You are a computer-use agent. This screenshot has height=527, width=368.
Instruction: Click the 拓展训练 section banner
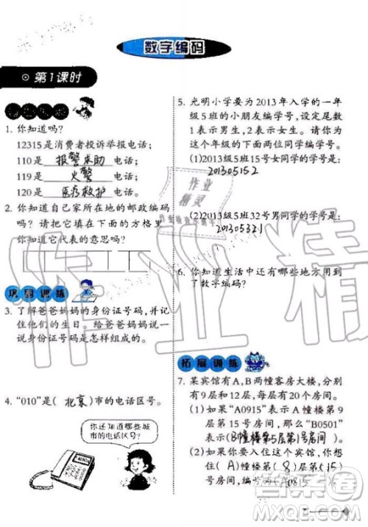pos(200,363)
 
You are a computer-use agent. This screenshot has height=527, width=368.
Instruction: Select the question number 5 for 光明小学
pos(179,103)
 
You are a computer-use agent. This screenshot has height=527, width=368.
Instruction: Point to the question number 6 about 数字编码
pos(179,271)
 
